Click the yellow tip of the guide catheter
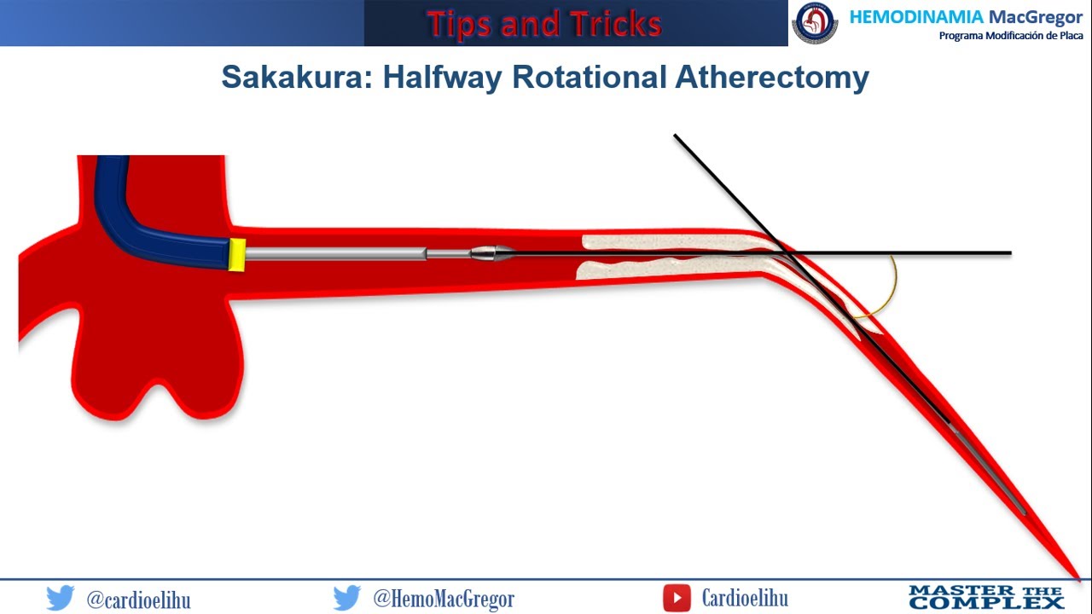(x=237, y=255)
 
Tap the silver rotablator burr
(x=489, y=252)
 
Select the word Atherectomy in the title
(x=772, y=77)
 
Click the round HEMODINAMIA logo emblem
(x=815, y=23)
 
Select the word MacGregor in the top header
(x=1035, y=17)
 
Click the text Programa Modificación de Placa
(x=1010, y=36)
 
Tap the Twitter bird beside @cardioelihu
(x=61, y=598)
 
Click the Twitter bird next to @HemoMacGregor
(x=346, y=598)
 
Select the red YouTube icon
(x=677, y=598)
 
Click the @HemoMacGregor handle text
(x=444, y=599)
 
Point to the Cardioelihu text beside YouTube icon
(x=745, y=598)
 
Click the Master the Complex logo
(x=985, y=597)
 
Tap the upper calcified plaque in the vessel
(x=665, y=242)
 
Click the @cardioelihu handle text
(x=138, y=599)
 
